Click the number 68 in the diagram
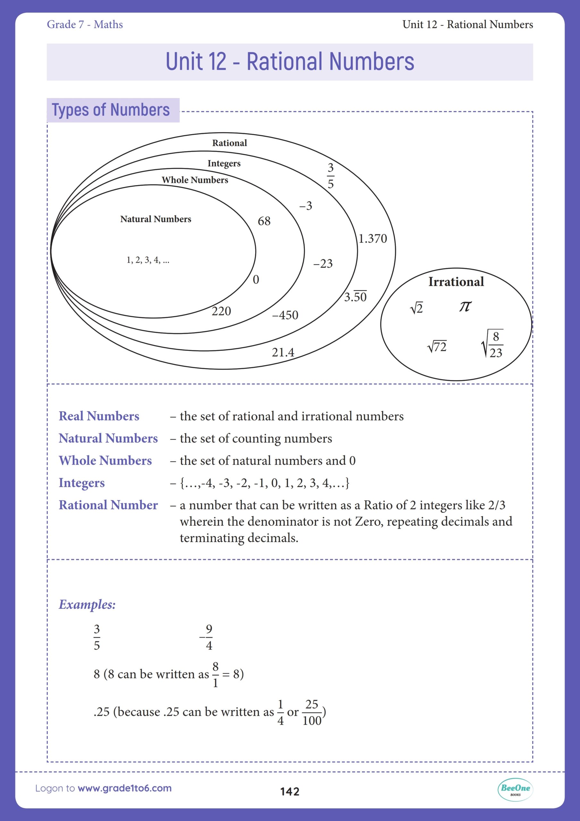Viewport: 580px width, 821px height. coord(264,221)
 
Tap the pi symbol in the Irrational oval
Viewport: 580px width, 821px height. coord(465,306)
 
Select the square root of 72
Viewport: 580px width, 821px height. coord(437,346)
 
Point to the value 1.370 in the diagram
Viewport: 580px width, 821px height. coord(373,239)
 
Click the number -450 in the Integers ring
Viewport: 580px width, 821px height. coord(285,315)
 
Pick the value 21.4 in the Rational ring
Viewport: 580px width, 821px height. coord(283,352)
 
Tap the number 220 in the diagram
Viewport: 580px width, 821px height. coord(221,311)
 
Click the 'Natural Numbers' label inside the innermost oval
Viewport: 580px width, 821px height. coord(156,219)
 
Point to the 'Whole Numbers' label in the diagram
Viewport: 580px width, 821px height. coord(195,180)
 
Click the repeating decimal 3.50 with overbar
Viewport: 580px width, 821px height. coord(356,296)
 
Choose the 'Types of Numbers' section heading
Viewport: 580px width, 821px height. coord(111,110)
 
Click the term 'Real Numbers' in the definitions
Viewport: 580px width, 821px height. coord(99,416)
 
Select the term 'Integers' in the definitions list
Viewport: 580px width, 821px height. coord(81,483)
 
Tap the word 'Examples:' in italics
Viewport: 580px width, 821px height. coord(87,604)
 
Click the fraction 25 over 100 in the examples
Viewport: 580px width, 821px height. coord(312,712)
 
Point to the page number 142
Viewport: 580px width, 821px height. coord(290,791)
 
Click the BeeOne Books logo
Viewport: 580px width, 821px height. coord(515,790)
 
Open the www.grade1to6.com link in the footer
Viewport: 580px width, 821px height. coord(124,788)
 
